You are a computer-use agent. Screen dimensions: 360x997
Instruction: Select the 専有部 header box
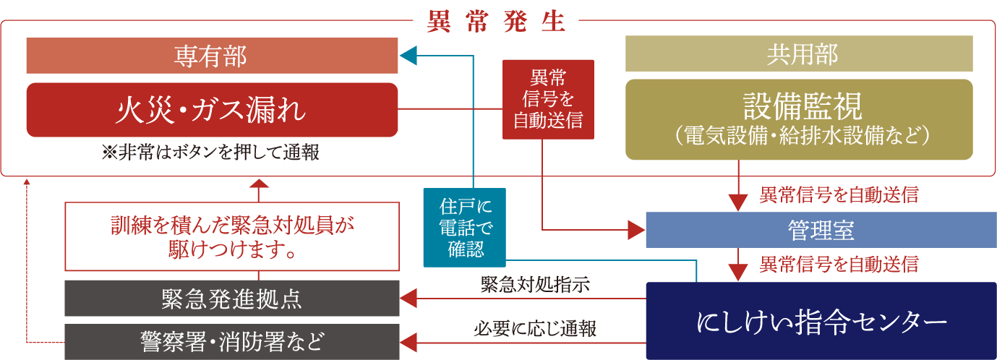click(212, 56)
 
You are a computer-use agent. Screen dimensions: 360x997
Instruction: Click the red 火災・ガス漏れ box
click(212, 110)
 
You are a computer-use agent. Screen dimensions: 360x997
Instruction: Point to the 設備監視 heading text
click(802, 108)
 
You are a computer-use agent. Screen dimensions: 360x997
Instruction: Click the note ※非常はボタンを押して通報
click(211, 153)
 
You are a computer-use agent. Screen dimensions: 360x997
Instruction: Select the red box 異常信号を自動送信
click(548, 99)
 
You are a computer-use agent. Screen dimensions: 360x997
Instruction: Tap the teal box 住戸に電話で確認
click(464, 227)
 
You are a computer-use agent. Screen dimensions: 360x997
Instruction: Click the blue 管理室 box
click(821, 231)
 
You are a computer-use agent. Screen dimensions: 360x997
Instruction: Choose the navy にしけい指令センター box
click(821, 321)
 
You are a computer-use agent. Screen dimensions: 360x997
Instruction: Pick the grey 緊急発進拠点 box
click(231, 298)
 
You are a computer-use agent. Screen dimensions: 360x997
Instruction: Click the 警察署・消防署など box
click(231, 341)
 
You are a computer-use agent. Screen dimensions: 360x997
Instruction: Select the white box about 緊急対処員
click(231, 236)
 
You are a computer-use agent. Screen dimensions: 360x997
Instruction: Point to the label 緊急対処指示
click(535, 284)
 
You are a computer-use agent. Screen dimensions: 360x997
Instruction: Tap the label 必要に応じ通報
click(535, 329)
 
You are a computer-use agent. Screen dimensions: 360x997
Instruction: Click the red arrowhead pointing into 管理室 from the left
click(636, 231)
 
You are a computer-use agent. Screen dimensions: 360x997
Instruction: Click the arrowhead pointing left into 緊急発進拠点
click(410, 298)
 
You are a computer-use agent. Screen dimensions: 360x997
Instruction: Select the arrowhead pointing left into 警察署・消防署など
click(410, 340)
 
